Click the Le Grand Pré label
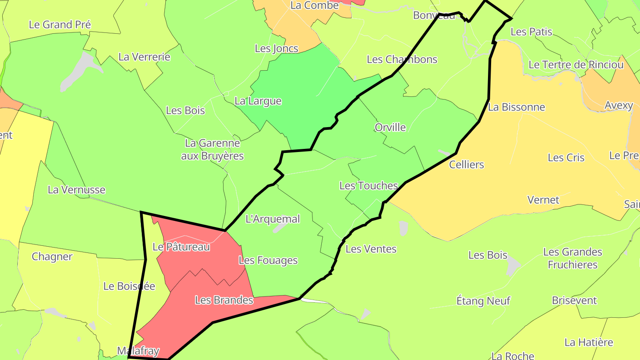(60, 24)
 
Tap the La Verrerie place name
(144, 57)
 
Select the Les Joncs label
(276, 48)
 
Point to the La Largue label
(258, 101)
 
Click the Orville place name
(390, 128)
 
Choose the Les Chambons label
(402, 60)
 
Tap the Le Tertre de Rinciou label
(576, 65)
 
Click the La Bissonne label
(516, 107)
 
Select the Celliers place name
(466, 164)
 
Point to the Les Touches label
(368, 186)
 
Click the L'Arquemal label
(272, 219)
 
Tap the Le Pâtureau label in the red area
(181, 247)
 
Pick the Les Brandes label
(224, 300)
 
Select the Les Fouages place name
(268, 260)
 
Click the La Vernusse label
(76, 190)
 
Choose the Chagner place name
(52, 257)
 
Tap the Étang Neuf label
(483, 301)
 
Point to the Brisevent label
(574, 300)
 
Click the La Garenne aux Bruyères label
(212, 149)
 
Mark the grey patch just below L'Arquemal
(279, 228)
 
